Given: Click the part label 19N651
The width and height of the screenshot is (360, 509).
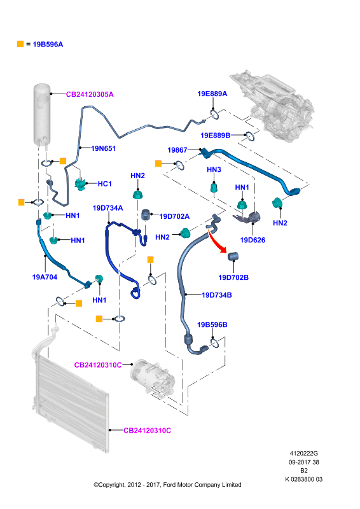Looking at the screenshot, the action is (103, 148).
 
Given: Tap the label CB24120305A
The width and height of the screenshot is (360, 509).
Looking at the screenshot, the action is (90, 94).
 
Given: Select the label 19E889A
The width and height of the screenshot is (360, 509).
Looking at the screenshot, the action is (212, 94).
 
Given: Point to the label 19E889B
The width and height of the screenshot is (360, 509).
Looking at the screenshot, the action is (215, 136).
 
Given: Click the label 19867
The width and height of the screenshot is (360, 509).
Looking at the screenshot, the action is (177, 150).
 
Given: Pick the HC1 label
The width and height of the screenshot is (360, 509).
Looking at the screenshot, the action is (104, 184).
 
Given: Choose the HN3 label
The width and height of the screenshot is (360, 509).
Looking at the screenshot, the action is (214, 169).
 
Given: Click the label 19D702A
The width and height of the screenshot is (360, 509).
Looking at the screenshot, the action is (174, 216).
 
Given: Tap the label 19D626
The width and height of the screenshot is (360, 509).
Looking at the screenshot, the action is (253, 241).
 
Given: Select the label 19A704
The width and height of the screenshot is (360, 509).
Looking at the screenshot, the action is (45, 277).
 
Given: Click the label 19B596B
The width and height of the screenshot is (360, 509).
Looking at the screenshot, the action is (212, 325).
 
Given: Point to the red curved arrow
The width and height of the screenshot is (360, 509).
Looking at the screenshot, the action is (217, 241).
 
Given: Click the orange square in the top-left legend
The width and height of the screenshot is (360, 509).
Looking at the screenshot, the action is (20, 44).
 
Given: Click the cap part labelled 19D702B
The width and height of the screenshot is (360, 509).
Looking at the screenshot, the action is (233, 256).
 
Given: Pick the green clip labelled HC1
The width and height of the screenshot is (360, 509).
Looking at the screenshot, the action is (81, 184).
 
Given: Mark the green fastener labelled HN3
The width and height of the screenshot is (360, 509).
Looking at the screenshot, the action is (214, 188).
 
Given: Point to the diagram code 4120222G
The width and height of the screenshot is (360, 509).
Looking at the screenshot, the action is (304, 454).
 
